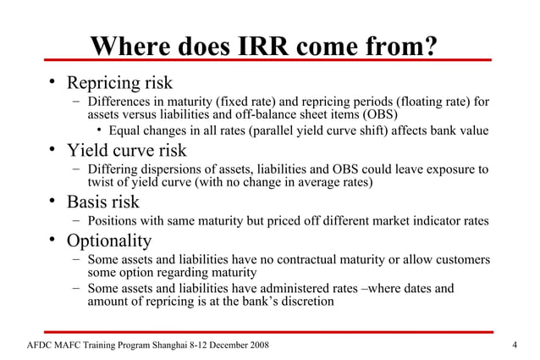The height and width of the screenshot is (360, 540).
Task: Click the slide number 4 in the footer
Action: [515, 346]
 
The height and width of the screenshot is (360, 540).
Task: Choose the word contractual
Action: [300, 259]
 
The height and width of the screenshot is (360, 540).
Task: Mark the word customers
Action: [460, 259]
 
